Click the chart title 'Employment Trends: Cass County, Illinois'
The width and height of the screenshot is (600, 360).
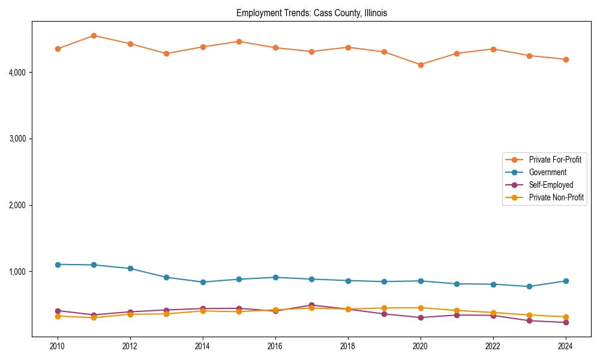311,13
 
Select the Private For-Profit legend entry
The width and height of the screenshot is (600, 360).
550,160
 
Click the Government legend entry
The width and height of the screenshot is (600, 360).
547,172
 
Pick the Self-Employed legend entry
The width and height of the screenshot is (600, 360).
551,185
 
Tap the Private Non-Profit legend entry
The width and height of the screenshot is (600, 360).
556,197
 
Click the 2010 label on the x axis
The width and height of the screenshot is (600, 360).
58,346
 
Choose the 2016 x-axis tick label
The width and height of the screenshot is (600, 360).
275,346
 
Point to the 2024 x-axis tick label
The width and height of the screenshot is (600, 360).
565,346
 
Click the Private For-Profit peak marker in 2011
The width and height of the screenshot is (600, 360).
94,35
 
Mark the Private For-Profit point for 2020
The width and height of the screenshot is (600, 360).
421,65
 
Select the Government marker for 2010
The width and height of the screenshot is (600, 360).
58,265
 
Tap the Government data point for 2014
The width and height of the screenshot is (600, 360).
203,282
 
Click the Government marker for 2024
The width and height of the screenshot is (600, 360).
565,281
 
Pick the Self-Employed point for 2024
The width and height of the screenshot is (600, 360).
565,322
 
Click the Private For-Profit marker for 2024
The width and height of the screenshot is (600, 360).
565,59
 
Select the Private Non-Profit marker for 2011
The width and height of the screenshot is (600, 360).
94,317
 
